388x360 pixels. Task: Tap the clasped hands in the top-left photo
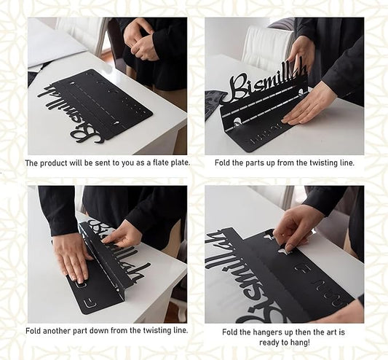(140, 39)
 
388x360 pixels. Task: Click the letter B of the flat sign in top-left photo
(85, 135)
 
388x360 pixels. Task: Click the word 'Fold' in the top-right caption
(221, 163)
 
